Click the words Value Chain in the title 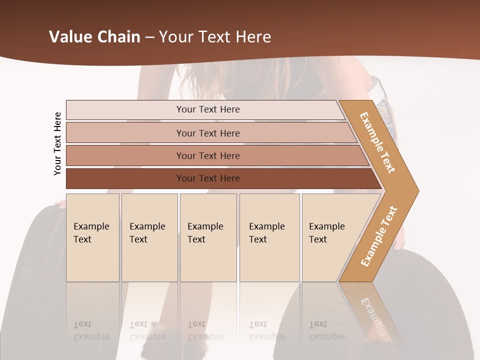click(94, 37)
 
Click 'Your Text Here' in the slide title click(215, 37)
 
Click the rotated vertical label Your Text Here click(57, 143)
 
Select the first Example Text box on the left click(92, 237)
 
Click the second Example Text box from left click(149, 237)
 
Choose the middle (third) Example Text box click(208, 237)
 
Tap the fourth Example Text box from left click(269, 237)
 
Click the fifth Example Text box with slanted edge click(330, 237)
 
